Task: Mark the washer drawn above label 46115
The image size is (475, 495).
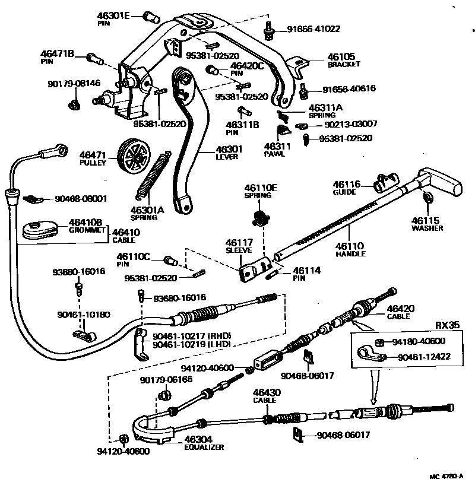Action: point(427,198)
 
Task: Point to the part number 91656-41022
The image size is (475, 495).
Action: point(313,28)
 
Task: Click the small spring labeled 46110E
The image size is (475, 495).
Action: point(258,217)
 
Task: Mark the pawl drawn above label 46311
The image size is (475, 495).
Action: point(282,130)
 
